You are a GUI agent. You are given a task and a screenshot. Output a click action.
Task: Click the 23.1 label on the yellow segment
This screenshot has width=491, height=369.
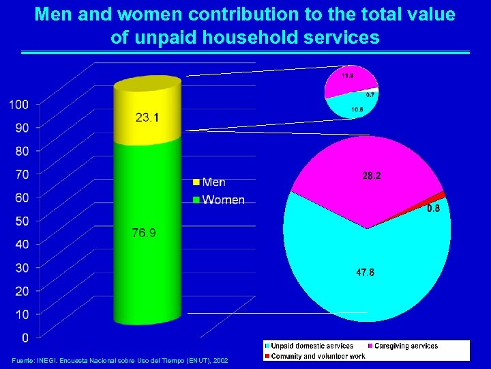[x=147, y=118]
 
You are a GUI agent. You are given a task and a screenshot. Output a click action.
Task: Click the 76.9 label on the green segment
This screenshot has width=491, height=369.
[x=143, y=233]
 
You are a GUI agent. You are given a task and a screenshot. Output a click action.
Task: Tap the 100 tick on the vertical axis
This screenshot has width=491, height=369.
[x=18, y=105]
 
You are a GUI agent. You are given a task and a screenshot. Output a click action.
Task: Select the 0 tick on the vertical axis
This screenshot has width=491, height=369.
[x=25, y=338]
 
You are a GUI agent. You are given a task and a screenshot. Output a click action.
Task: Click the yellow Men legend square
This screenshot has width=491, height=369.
[x=196, y=182]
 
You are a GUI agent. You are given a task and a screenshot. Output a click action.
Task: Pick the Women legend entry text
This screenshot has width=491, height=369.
[x=223, y=200]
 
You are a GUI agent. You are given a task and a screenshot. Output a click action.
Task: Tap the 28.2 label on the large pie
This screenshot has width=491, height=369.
[x=372, y=176]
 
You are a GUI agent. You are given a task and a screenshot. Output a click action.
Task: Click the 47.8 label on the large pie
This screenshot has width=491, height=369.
[x=365, y=272]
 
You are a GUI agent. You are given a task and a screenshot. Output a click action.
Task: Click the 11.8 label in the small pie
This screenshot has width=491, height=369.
[x=348, y=76]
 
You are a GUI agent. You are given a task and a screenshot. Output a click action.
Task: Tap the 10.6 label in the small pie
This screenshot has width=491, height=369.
[x=356, y=109]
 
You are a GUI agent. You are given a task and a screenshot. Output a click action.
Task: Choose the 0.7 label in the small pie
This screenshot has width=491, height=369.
[x=370, y=94]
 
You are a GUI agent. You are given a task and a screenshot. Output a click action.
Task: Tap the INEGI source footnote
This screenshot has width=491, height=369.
[x=120, y=360]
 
